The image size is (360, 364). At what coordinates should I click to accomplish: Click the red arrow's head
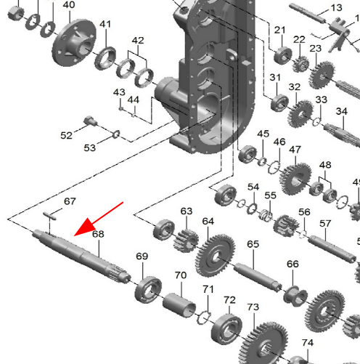coord(84,227)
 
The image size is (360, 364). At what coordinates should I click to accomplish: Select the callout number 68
coord(98,234)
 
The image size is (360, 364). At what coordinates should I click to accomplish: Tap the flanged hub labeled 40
coord(74,43)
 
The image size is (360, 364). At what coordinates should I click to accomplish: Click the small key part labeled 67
coord(50,216)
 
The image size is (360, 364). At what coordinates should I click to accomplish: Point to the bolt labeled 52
coord(90,121)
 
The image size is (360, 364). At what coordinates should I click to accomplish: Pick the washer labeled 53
coord(116,134)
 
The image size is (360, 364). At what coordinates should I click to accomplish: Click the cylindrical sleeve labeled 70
coord(179,305)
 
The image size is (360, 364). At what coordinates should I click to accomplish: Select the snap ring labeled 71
coord(203,318)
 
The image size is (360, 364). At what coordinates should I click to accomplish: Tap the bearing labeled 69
coord(148,289)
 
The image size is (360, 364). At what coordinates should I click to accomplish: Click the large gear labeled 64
coord(215,256)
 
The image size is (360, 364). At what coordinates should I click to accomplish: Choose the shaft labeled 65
coord(258,277)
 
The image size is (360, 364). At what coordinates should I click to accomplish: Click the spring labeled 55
coord(266,215)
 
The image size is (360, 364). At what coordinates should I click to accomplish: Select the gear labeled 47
coord(295,179)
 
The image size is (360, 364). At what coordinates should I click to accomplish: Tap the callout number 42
coord(138,41)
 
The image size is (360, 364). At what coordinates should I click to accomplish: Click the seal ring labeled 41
coord(105,58)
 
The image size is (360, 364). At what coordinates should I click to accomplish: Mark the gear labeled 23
coord(322,75)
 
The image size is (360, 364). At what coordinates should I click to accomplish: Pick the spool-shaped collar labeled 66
coord(295,296)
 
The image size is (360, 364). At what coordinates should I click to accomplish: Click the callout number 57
coord(325,224)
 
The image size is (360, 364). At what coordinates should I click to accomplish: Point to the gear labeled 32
coord(300,114)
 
